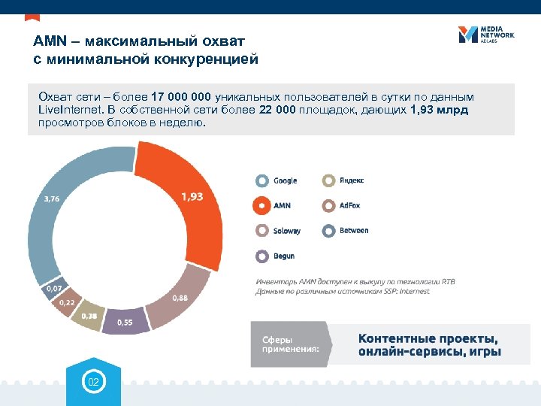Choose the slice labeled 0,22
coord(66,302)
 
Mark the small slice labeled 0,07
coord(53,288)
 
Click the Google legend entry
coord(277,180)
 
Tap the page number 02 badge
coord(93,383)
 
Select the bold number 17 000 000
coord(181,98)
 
